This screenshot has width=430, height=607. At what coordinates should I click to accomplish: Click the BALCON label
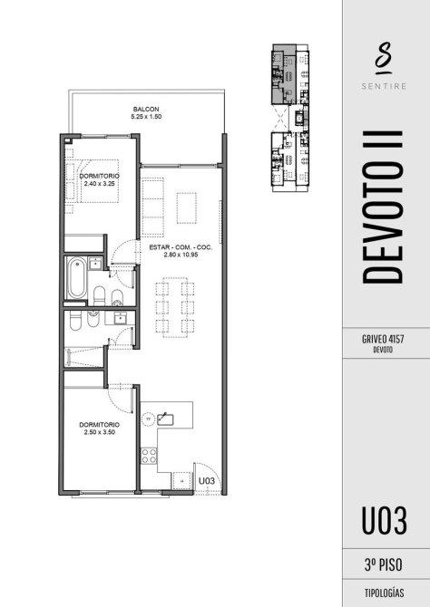tap(146, 109)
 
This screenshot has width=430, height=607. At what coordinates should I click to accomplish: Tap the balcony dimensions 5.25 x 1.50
tap(146, 116)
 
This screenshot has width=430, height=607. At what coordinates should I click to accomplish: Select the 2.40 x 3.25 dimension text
tap(99, 184)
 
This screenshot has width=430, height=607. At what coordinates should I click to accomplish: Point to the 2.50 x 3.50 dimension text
tap(99, 432)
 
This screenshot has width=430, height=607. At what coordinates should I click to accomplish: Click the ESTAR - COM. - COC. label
tap(181, 247)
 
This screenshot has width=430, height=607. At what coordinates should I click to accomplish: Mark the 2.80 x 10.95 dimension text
tap(181, 255)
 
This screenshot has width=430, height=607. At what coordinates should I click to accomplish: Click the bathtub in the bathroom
tap(77, 277)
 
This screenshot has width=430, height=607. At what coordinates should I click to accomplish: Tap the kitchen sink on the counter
tap(165, 419)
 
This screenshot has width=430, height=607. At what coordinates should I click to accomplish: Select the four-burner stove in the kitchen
tap(149, 455)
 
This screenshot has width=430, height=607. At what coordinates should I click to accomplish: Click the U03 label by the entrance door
tap(206, 481)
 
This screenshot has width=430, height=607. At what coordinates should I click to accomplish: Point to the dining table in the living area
tap(175, 307)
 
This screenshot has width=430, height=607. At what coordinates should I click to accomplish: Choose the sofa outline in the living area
tap(152, 207)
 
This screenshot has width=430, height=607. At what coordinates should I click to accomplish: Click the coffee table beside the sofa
tap(187, 207)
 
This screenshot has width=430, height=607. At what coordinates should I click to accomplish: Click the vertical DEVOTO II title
tap(383, 207)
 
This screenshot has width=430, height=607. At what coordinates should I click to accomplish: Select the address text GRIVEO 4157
tap(383, 339)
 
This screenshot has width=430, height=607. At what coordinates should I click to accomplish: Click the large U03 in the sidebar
tap(385, 521)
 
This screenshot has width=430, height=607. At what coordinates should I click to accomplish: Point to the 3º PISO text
tap(383, 565)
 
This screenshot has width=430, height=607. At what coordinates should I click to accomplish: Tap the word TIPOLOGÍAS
tap(384, 593)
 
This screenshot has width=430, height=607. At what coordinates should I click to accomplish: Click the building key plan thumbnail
tap(290, 118)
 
